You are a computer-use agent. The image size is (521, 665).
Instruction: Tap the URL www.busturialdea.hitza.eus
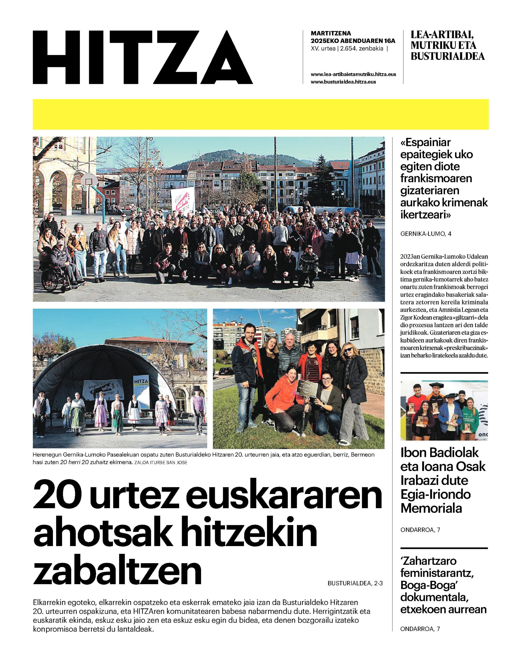click(x=343, y=82)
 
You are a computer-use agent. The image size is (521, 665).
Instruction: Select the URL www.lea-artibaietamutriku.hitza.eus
click(x=353, y=75)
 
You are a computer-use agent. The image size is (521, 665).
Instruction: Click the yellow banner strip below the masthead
click(x=260, y=114)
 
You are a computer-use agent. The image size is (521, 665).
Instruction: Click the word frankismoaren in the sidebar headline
click(x=436, y=178)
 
